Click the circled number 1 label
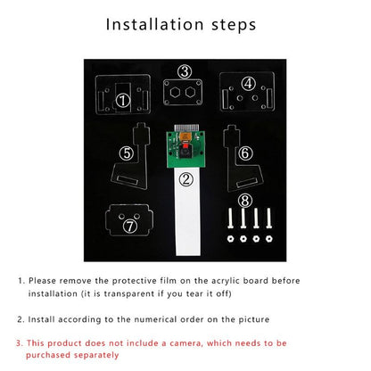pyautogui.click(x=123, y=101)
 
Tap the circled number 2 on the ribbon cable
pyautogui.click(x=186, y=179)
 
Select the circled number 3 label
pyautogui.click(x=185, y=71)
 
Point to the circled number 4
pyautogui.click(x=249, y=84)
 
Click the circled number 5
pyautogui.click(x=127, y=153)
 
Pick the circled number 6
pyautogui.click(x=245, y=153)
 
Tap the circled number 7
pyautogui.click(x=130, y=227)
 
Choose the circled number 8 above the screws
pyautogui.click(x=245, y=201)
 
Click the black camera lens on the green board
pyautogui.click(x=185, y=153)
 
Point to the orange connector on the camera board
pyautogui.click(x=185, y=137)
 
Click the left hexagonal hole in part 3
pyautogui.click(x=175, y=93)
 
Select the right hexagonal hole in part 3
pyautogui.click(x=190, y=93)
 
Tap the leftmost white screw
pyautogui.click(x=230, y=218)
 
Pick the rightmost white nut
pyautogui.click(x=269, y=238)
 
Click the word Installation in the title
pyautogui.click(x=155, y=24)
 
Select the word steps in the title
pyautogui.click(x=234, y=25)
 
